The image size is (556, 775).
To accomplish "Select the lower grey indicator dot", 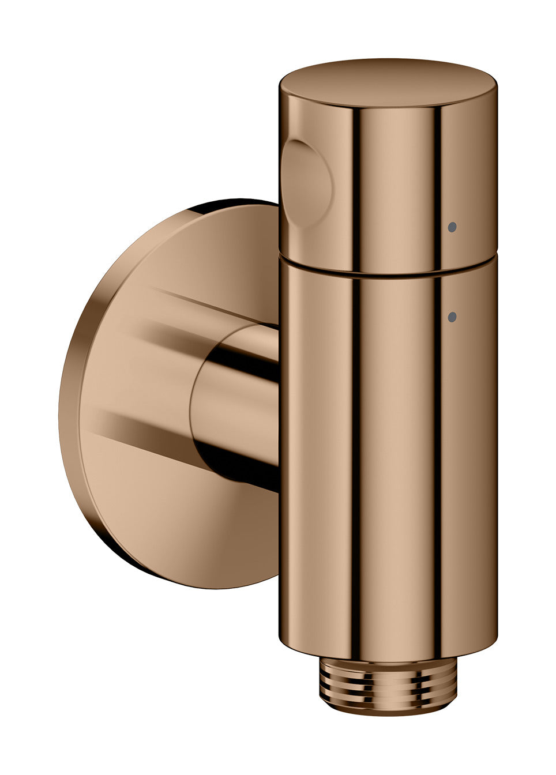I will click(x=452, y=316).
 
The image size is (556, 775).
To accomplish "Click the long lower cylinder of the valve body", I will click(x=388, y=461).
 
